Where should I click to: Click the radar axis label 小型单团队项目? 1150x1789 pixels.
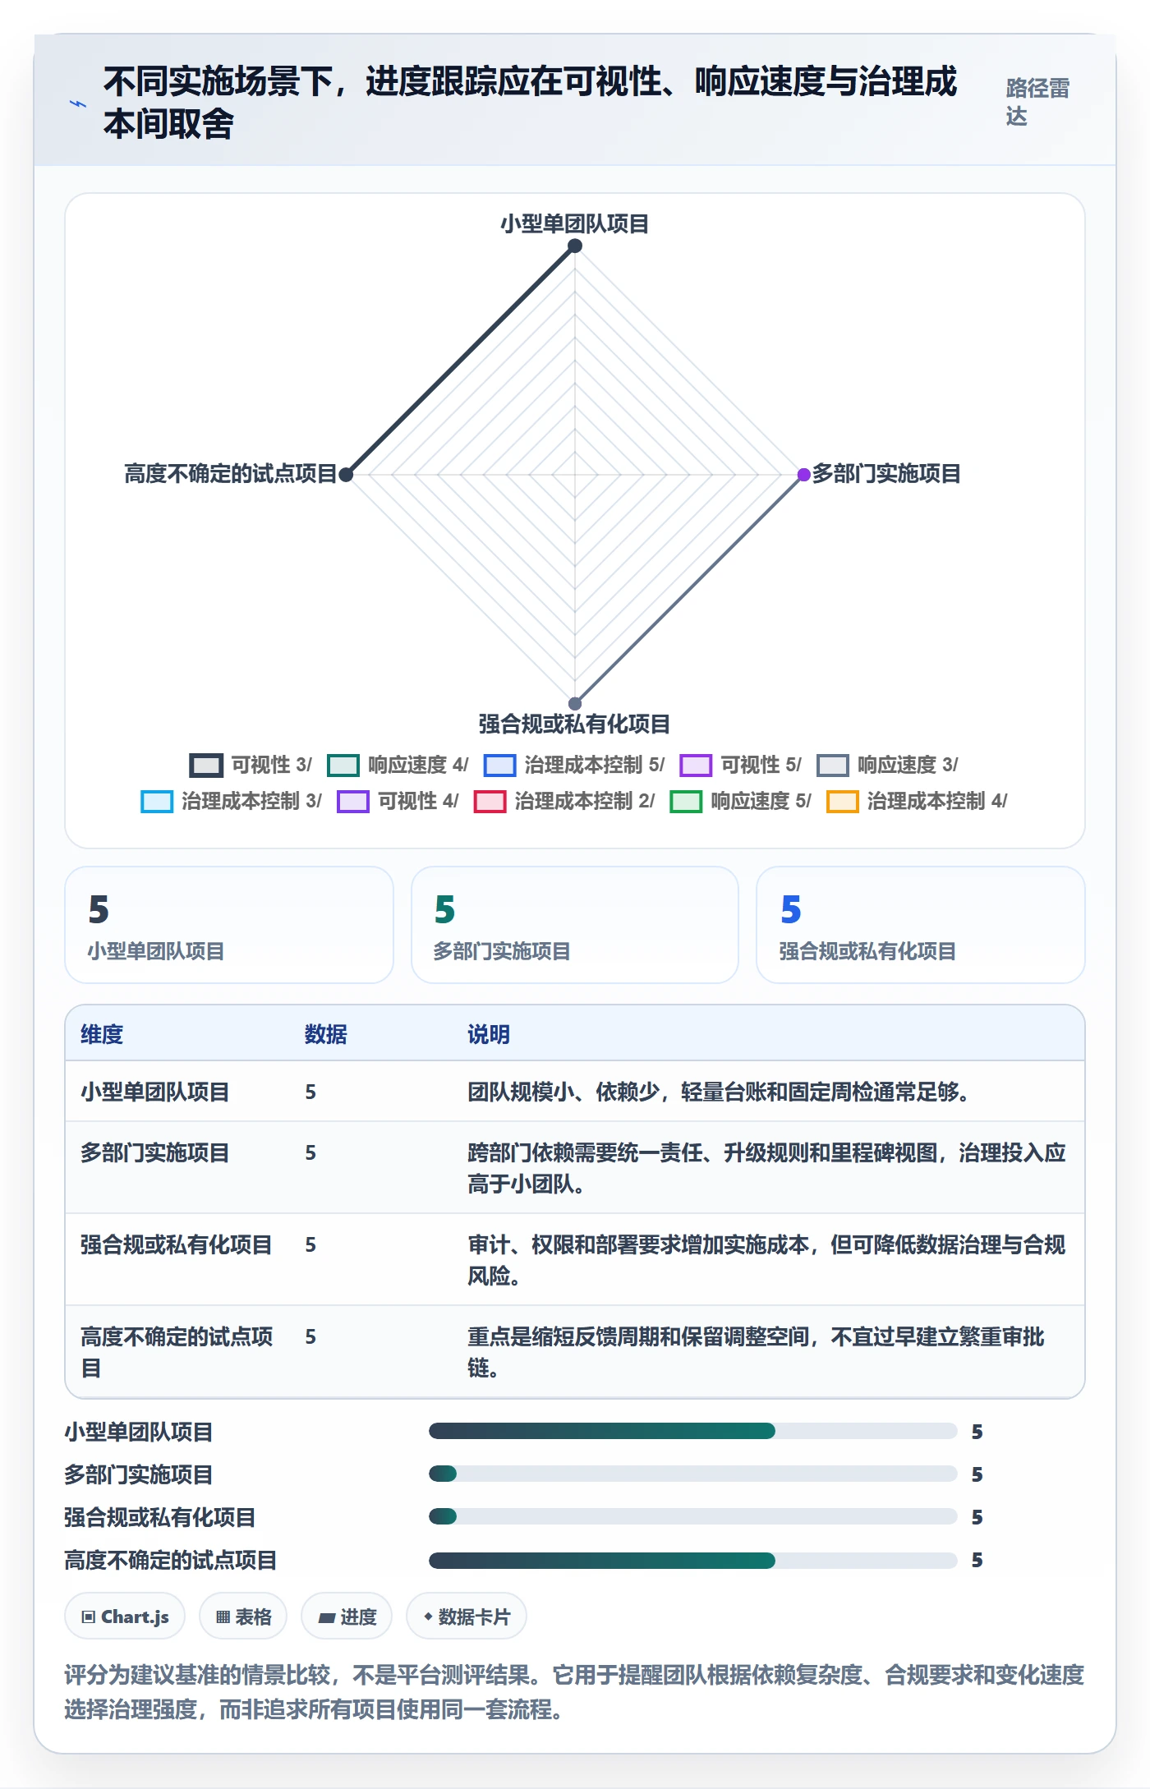coord(575,224)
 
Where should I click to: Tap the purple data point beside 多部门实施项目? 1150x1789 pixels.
coord(804,475)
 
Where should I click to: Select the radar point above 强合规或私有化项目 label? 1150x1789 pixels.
coord(575,703)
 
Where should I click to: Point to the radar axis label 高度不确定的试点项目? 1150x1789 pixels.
coord(231,474)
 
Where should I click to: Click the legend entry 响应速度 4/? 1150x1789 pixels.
coord(398,765)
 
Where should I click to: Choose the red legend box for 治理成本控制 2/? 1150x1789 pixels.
coord(490,801)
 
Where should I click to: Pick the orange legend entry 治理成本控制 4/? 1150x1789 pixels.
coord(917,801)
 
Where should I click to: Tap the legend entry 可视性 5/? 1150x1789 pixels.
coord(741,765)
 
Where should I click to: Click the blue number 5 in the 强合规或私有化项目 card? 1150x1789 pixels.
coord(791,909)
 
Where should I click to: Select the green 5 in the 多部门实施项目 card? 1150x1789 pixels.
coord(445,909)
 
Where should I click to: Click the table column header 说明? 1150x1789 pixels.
coord(489,1034)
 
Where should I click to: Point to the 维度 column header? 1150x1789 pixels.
coord(102,1034)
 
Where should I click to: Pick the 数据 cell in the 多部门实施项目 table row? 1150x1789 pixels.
coord(310,1152)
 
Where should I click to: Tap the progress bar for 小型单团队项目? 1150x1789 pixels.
coord(693,1431)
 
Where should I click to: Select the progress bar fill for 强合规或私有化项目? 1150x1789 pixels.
coord(443,1516)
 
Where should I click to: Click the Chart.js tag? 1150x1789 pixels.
coord(125,1617)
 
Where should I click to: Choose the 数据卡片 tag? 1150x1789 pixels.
coord(467,1617)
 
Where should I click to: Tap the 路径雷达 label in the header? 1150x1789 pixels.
coord(1037,102)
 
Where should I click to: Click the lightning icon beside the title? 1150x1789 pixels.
coord(78,103)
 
